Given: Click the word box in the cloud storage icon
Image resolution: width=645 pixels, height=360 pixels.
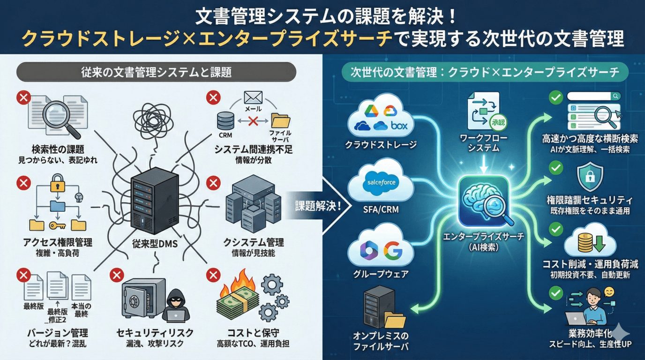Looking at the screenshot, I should click(399, 126).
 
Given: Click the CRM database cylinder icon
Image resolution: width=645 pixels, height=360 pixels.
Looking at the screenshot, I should click(225, 121).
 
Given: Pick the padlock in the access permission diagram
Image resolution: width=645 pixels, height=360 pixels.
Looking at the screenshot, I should click(57, 183).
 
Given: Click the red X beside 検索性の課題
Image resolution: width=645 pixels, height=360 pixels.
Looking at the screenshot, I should click(23, 98).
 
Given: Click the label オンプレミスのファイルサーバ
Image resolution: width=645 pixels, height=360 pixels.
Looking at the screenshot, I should click(381, 342).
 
